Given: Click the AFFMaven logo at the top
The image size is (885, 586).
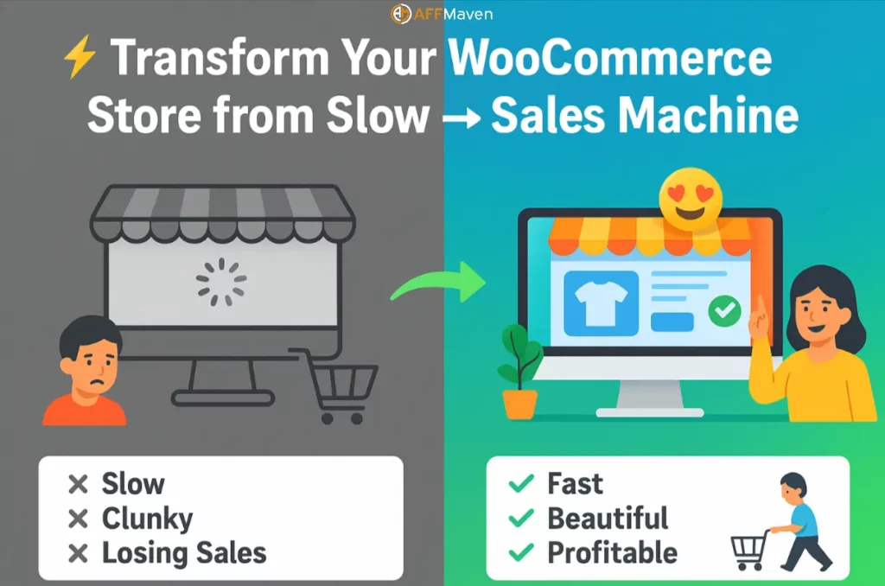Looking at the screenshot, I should click(x=441, y=14).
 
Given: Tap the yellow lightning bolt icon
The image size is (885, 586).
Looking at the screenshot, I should click(x=80, y=61).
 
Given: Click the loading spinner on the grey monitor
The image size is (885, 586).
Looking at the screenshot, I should click(x=221, y=283).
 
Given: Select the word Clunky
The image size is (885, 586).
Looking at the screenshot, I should click(x=147, y=519).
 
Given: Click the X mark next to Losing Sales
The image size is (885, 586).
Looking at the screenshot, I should click(x=78, y=553).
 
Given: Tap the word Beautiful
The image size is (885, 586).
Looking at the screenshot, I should click(x=608, y=519).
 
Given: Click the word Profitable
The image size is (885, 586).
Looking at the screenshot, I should click(x=612, y=553).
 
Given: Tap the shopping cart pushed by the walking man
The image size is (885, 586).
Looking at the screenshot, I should click(x=749, y=547).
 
